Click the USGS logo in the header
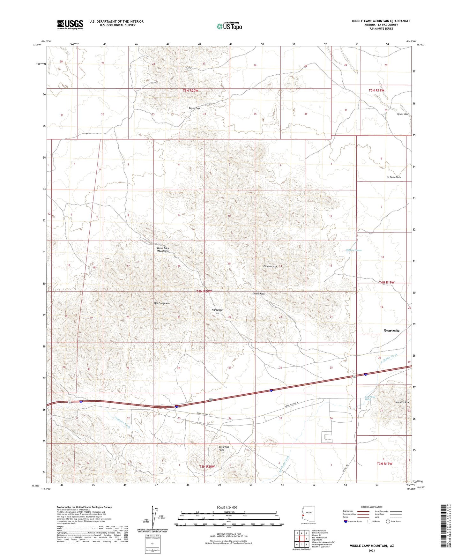(x=70, y=25)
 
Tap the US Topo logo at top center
(x=229, y=26)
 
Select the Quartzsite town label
(x=391, y=330)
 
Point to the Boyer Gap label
(x=194, y=108)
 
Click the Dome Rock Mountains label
(x=163, y=249)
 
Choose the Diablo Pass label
(x=258, y=293)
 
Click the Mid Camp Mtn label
(x=161, y=303)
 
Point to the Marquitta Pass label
(x=217, y=311)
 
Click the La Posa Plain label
(x=394, y=177)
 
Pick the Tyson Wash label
(x=403, y=114)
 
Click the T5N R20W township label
(x=190, y=91)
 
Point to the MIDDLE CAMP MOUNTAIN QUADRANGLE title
(x=381, y=21)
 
